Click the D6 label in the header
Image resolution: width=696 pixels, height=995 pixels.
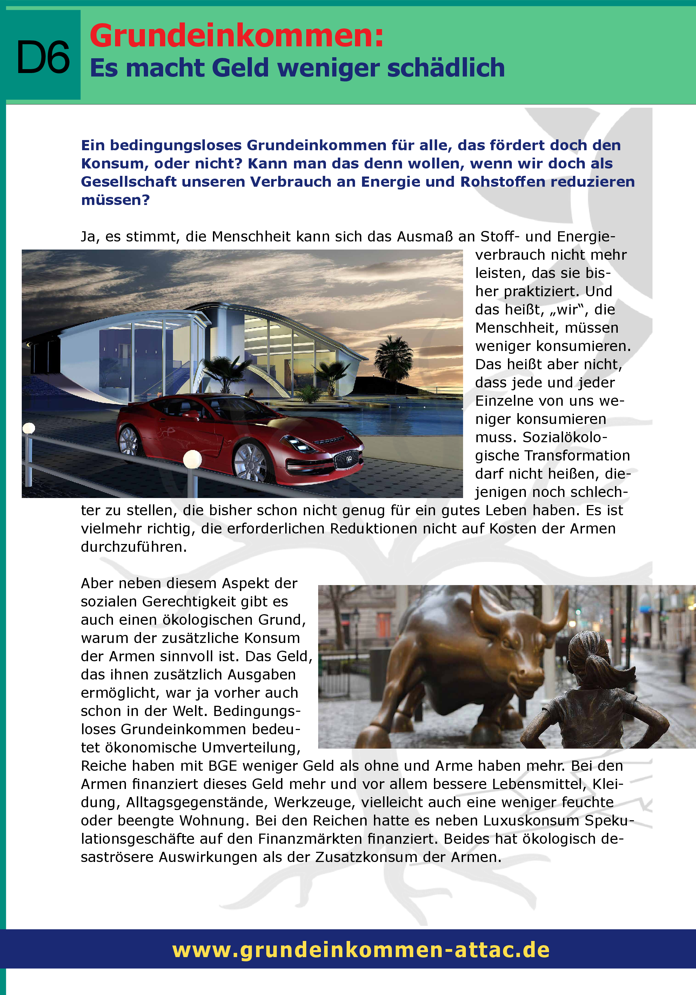coord(43,57)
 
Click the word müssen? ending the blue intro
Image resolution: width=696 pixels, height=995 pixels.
coord(115,200)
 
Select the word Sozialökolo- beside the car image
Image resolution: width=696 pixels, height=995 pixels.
coord(565,437)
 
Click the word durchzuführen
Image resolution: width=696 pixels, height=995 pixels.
coord(133,547)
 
